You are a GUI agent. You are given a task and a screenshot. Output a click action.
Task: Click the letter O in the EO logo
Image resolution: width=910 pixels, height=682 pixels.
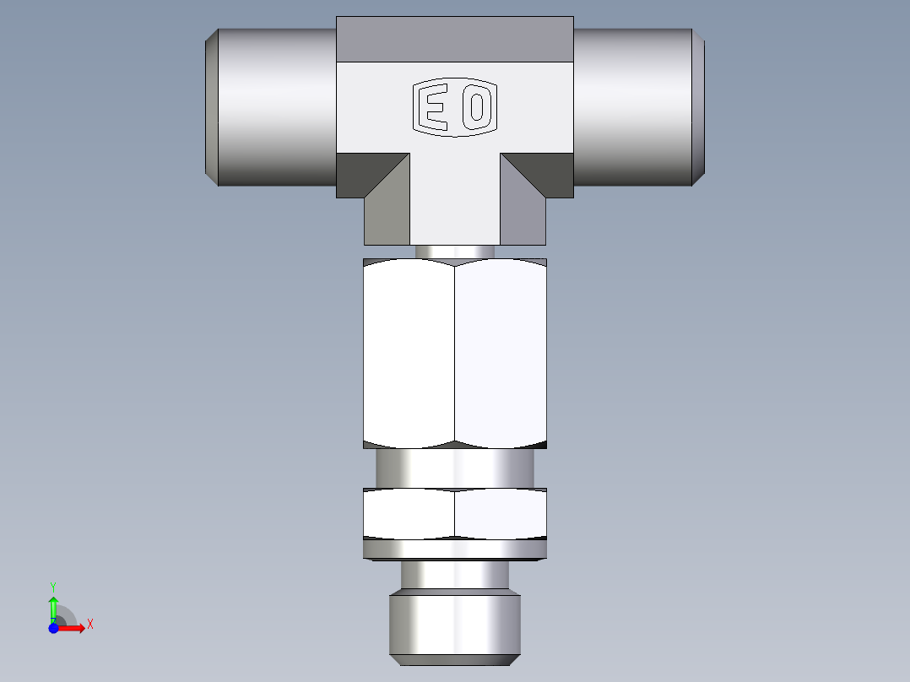477,108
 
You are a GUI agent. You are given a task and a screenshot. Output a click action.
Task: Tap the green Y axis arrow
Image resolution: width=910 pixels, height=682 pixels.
53,606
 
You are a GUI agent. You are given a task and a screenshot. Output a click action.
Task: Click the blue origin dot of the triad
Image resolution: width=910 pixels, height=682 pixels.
53,628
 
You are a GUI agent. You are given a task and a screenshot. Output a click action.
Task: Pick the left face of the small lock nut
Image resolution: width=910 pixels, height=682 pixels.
409,513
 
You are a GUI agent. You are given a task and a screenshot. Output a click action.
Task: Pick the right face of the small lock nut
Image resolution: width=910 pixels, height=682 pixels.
501,513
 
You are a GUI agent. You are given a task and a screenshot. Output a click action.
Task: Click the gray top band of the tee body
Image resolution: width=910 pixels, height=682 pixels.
455,40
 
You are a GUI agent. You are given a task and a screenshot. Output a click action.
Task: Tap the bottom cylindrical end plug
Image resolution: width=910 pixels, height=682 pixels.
455,626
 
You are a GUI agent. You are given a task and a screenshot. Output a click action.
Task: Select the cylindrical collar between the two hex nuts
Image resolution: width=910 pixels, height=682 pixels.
455,468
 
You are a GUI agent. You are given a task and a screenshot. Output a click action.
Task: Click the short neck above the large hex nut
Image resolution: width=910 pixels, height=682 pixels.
455,252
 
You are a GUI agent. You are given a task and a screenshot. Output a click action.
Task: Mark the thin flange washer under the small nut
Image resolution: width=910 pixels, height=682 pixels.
455,549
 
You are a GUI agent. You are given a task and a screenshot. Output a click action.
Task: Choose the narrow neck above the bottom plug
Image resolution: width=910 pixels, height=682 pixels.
455,576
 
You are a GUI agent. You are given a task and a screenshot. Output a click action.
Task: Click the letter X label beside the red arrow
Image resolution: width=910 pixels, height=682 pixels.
89,624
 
